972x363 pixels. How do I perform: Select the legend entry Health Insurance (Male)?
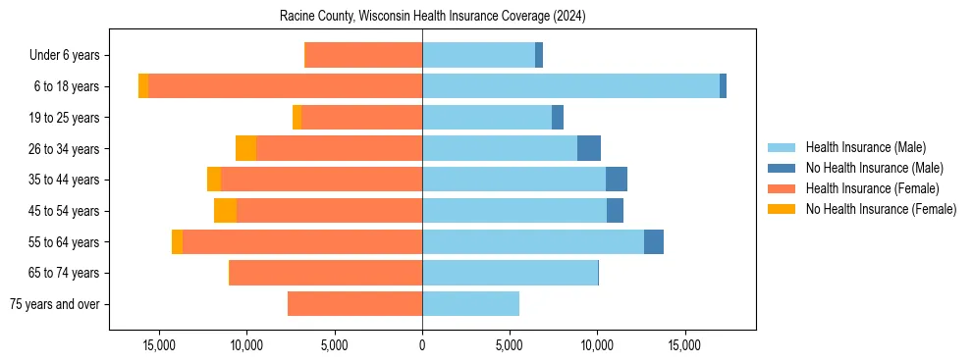pyautogui.click(x=864, y=147)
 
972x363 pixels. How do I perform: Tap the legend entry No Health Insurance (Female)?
pyautogui.click(x=881, y=209)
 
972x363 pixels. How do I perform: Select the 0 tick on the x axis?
pyautogui.click(x=422, y=345)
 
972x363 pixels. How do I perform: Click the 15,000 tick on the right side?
pyautogui.click(x=684, y=345)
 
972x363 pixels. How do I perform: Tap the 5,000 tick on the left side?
pyautogui.click(x=335, y=345)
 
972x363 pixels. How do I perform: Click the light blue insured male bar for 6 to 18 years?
pyautogui.click(x=570, y=86)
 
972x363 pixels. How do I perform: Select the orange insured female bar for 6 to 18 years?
pyautogui.click(x=285, y=86)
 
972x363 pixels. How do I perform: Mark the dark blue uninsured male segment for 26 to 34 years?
pyautogui.click(x=588, y=148)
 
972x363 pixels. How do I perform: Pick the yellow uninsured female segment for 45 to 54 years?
pyautogui.click(x=225, y=211)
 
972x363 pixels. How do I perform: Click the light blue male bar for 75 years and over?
pyautogui.click(x=470, y=304)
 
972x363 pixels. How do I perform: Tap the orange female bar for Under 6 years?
pyautogui.click(x=363, y=55)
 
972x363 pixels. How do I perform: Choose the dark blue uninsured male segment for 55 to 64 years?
pyautogui.click(x=653, y=241)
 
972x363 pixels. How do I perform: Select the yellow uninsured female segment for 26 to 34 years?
pyautogui.click(x=245, y=148)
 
